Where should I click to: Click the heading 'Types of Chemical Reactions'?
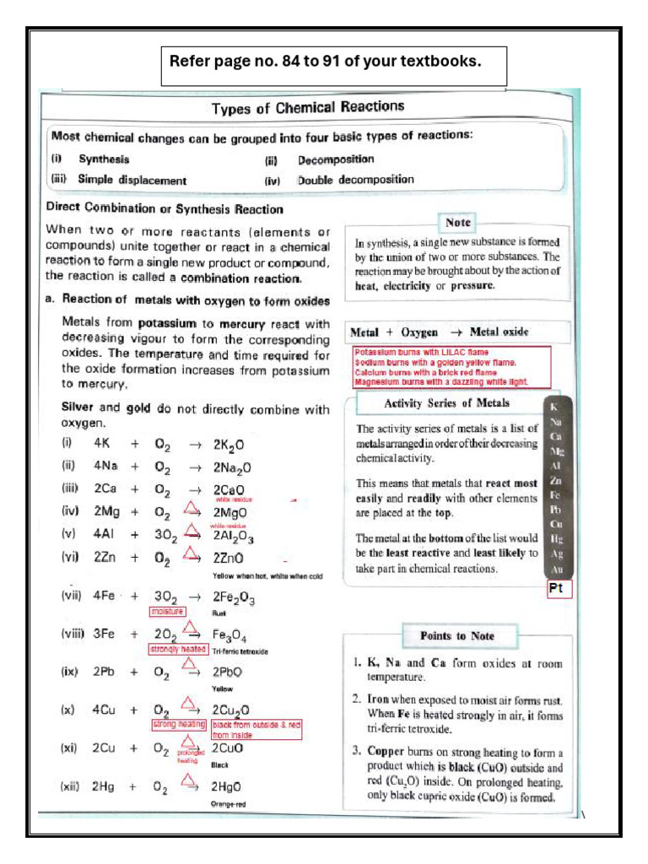[x=308, y=107]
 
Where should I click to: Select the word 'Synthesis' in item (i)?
[x=104, y=159]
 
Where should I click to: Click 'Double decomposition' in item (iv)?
[x=355, y=180]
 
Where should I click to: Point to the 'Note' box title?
[x=458, y=223]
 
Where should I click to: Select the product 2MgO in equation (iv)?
[x=229, y=512]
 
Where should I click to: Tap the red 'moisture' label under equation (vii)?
[x=166, y=611]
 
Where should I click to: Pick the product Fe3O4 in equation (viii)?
[x=229, y=634]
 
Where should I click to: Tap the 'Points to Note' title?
[x=456, y=635]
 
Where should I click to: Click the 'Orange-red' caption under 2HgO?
[x=228, y=805]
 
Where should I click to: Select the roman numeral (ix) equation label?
[x=69, y=672]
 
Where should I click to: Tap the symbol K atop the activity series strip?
[x=555, y=407]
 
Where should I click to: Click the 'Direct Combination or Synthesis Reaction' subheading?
[x=165, y=208]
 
